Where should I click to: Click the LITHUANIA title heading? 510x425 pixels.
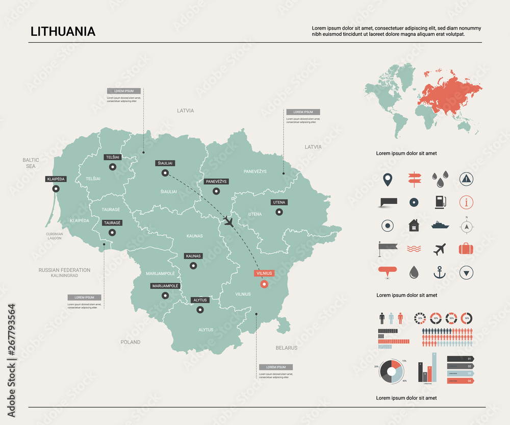pos(63,31)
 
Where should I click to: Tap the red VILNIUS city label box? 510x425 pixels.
pos(264,273)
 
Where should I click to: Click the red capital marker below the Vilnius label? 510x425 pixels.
pos(264,284)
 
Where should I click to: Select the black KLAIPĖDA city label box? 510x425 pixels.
pos(56,179)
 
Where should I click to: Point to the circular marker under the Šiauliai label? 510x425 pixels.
pos(165,173)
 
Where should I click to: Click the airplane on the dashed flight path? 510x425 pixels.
pos(228,221)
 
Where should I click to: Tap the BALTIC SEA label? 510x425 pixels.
pos(31,163)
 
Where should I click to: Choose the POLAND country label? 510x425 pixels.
pos(131,342)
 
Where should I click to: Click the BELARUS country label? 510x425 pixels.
pos(286,348)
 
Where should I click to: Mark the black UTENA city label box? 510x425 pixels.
pos(279,203)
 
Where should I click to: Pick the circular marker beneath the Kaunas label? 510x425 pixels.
pos(193,265)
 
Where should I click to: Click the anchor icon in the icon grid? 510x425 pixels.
pos(439,272)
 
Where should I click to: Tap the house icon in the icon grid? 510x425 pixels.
pos(414,225)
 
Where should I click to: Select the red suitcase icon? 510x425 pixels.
pos(466,249)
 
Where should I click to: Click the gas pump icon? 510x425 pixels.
pos(440,202)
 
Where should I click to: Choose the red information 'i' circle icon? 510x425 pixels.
pos(466,202)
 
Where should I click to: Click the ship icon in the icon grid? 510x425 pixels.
pos(440,225)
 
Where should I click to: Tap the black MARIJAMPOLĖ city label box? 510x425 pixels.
pos(165,286)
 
